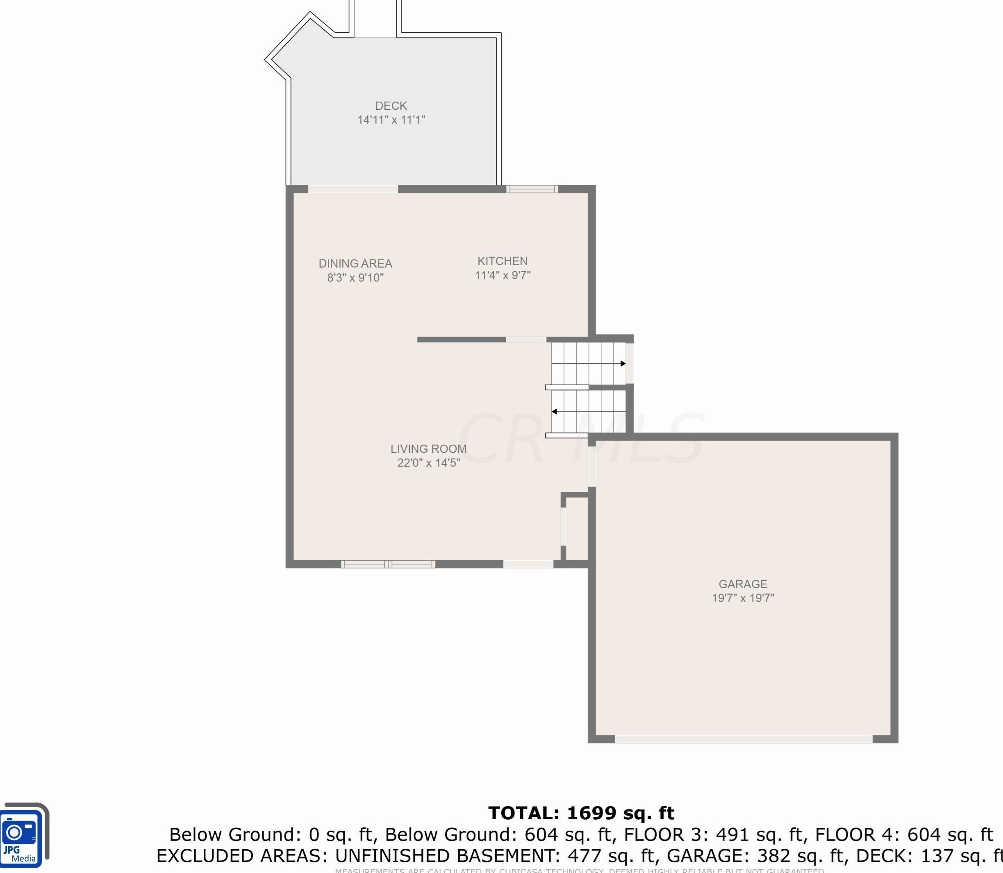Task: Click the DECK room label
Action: pos(391,106)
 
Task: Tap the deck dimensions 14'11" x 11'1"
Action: pos(391,120)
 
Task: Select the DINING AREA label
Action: pos(355,264)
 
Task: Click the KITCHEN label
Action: pos(502,261)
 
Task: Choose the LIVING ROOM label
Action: pos(428,449)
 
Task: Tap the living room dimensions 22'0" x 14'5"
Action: pos(428,463)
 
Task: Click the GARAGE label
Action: pos(742,584)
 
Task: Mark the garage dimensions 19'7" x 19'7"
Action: pos(742,598)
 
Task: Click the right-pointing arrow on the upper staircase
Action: pos(623,364)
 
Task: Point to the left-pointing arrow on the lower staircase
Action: pos(554,411)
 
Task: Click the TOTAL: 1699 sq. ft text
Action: pos(581,813)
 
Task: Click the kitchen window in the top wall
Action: pos(532,189)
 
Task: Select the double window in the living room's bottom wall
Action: pos(388,564)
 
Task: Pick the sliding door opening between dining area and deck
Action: pos(353,189)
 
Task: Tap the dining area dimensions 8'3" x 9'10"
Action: pos(355,278)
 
